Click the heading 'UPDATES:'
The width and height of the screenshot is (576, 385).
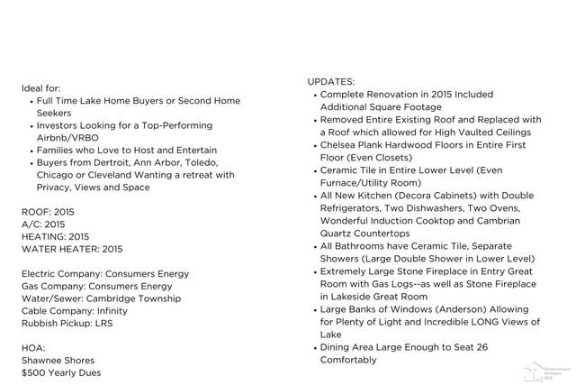pyautogui.click(x=330, y=81)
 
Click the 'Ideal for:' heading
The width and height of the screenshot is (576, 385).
pyautogui.click(x=41, y=88)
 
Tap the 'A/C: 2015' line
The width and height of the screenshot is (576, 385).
pyautogui.click(x=43, y=224)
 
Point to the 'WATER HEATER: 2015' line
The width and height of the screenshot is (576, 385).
pyautogui.click(x=72, y=249)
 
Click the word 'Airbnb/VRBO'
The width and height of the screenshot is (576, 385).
pyautogui.click(x=67, y=138)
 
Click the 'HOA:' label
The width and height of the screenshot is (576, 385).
pyautogui.click(x=33, y=348)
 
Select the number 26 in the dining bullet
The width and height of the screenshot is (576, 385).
pyautogui.click(x=482, y=346)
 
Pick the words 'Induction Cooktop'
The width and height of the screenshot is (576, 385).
pyautogui.click(x=410, y=219)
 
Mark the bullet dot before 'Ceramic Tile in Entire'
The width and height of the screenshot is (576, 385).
pyautogui.click(x=313, y=170)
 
